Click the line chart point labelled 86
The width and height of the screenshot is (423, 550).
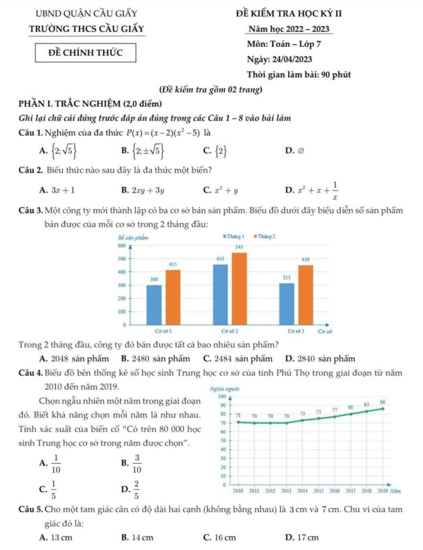[382, 409]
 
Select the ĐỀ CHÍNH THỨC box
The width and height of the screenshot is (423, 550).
[81, 52]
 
